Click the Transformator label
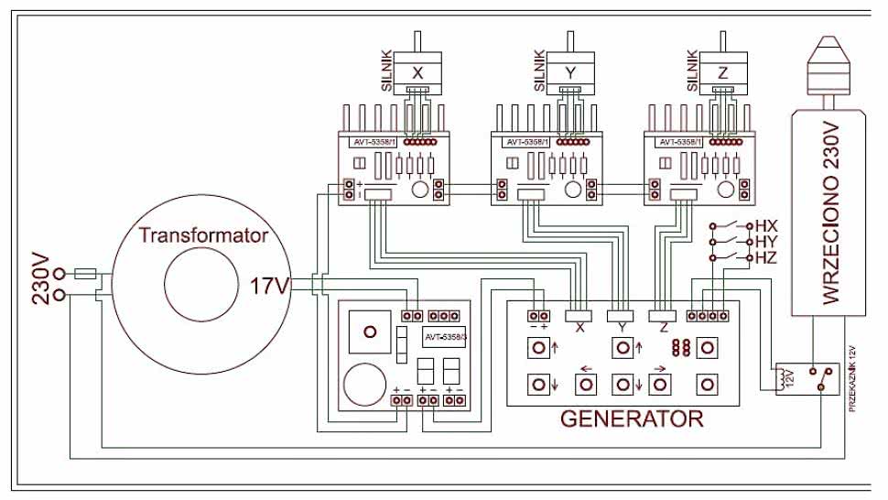coord(203,235)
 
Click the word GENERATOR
coord(632,420)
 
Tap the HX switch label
coord(766,225)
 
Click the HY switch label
coord(766,242)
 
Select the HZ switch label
coord(766,258)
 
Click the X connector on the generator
coord(579,317)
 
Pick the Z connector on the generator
coord(661,317)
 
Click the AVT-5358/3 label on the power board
coord(444,337)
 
